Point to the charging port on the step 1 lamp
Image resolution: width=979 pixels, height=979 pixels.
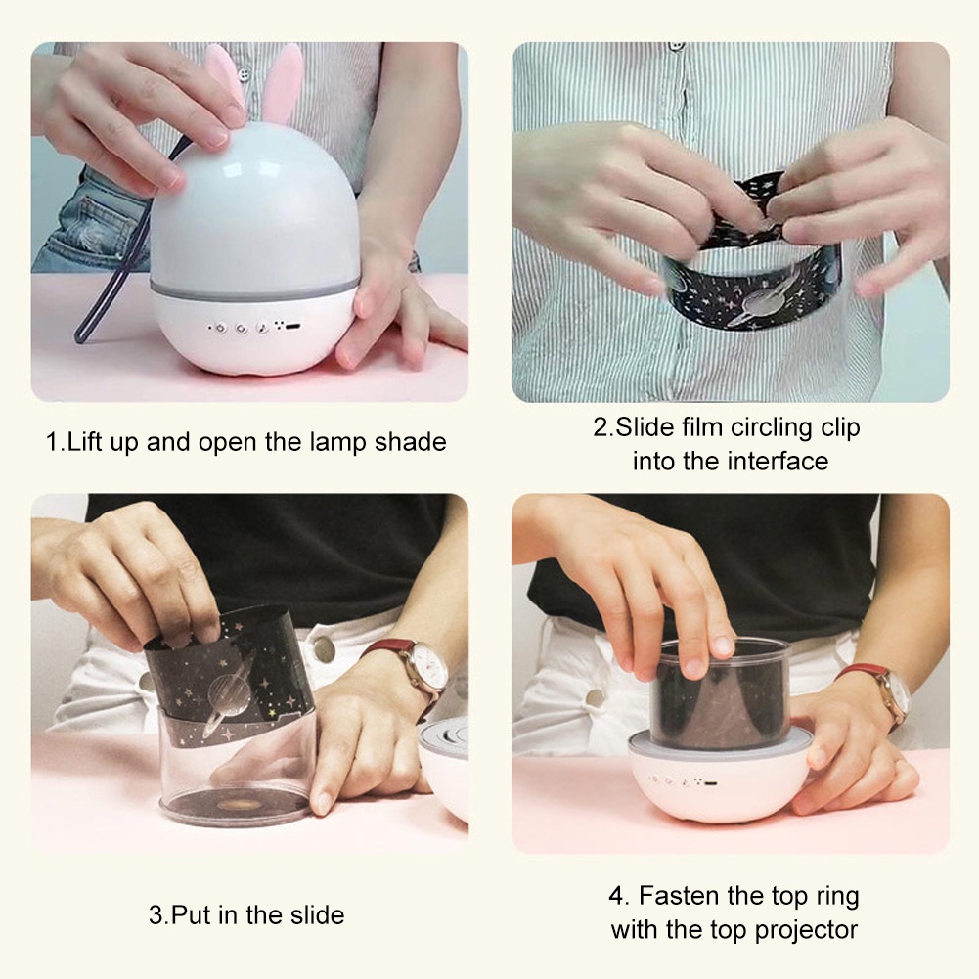(x=292, y=326)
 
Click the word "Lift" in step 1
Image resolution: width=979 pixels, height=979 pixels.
(x=85, y=441)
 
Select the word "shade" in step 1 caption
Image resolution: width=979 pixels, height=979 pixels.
(x=410, y=441)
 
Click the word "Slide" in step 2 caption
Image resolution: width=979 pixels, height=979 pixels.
(x=645, y=427)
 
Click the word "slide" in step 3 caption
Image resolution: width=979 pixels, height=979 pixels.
(x=317, y=914)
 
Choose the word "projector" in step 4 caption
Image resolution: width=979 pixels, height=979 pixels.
(x=806, y=930)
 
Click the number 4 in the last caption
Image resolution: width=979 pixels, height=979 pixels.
(x=617, y=896)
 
